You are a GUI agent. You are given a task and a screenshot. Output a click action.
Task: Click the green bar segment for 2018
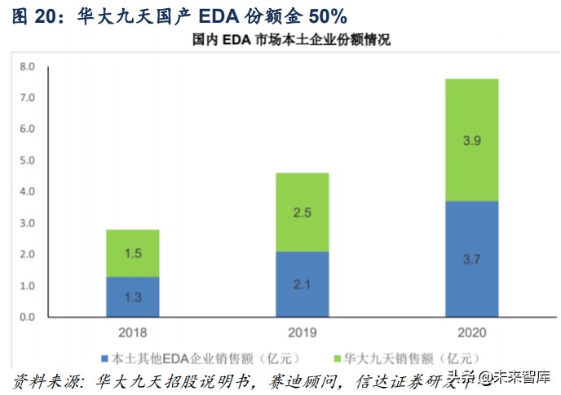click(x=133, y=253)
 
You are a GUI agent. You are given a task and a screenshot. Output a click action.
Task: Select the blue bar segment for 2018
click(x=133, y=296)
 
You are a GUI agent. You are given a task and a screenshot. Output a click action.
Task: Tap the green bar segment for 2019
click(x=302, y=212)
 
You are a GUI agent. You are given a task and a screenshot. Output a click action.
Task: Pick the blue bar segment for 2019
click(x=302, y=283)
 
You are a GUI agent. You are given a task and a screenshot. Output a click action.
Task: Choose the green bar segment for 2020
click(x=471, y=139)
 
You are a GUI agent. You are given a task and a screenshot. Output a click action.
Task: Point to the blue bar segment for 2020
click(x=471, y=259)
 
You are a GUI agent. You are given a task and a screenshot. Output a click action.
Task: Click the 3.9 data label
click(x=471, y=140)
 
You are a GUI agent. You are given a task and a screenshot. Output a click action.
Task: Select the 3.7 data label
click(x=471, y=259)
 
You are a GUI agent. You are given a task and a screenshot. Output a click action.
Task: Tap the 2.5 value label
click(x=302, y=213)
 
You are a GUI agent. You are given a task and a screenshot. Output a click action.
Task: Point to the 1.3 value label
click(x=133, y=297)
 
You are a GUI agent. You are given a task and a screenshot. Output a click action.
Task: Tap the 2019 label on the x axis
click(x=302, y=333)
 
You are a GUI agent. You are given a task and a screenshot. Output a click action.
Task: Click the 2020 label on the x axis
click(x=471, y=333)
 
